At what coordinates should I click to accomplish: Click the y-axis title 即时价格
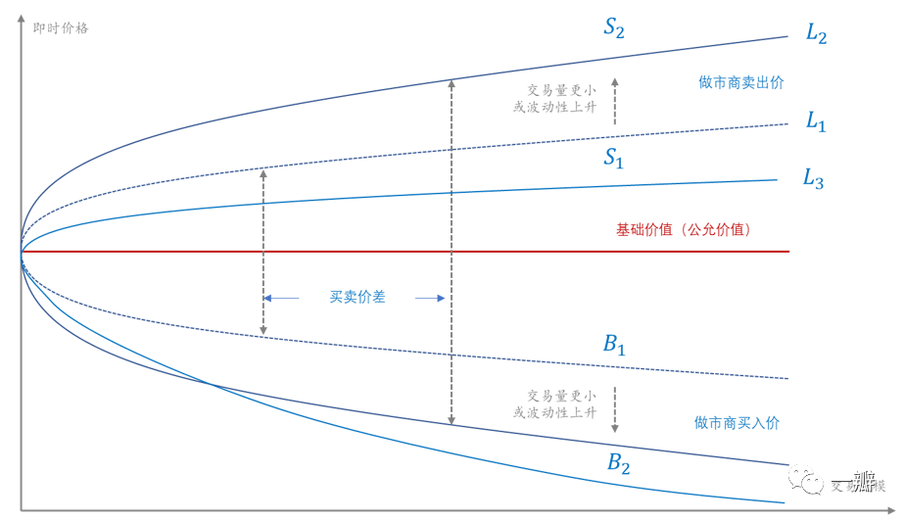[x=61, y=28]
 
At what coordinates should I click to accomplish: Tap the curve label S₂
[x=614, y=27]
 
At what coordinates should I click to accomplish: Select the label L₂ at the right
[x=816, y=32]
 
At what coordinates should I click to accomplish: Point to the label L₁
[x=816, y=121]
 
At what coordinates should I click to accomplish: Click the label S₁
[x=613, y=159]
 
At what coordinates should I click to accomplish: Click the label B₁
[x=614, y=345]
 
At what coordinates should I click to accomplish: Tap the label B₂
[x=618, y=462]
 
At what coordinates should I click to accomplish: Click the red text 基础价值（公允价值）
[x=683, y=230]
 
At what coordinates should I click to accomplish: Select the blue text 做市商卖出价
[x=740, y=83]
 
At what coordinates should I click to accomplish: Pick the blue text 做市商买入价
[x=737, y=423]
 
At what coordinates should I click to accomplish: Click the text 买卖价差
[x=357, y=297]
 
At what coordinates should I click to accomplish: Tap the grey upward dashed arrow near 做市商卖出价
[x=615, y=102]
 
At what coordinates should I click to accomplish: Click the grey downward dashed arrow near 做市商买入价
[x=615, y=410]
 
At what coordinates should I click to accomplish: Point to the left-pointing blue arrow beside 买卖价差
[x=283, y=298]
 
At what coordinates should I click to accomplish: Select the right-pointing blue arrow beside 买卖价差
[x=430, y=298]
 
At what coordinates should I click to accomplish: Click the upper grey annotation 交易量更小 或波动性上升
[x=554, y=97]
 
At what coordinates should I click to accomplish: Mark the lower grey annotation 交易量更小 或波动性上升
[x=554, y=404]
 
